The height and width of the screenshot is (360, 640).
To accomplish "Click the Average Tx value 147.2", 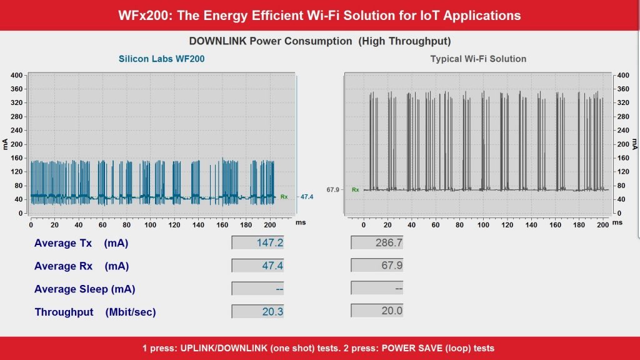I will pyautogui.click(x=258, y=242).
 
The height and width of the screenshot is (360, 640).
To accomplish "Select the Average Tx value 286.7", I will pyautogui.click(x=377, y=242).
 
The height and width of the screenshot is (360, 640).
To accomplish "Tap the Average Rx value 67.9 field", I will pyautogui.click(x=377, y=266).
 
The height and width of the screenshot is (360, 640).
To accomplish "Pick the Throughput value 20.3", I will pyautogui.click(x=258, y=311).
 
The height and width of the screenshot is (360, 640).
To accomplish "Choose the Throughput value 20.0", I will pyautogui.click(x=377, y=311).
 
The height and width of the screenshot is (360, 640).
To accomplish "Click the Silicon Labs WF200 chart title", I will pyautogui.click(x=162, y=59).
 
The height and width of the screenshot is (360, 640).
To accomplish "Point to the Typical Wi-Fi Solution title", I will pyautogui.click(x=478, y=59).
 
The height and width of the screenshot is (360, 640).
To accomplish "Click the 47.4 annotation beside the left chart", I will pyautogui.click(x=306, y=197).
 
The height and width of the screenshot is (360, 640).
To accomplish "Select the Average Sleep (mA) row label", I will pyautogui.click(x=84, y=289).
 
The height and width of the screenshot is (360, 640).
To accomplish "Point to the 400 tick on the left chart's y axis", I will pyautogui.click(x=17, y=75).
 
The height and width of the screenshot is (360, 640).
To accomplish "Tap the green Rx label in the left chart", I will pyautogui.click(x=284, y=197).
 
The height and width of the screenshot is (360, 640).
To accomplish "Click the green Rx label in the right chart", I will pyautogui.click(x=355, y=189).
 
